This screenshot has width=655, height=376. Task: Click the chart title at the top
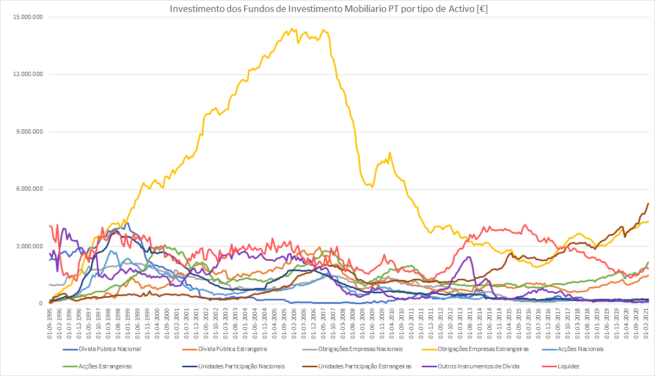click(328, 9)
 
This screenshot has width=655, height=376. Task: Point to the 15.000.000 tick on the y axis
click(29, 17)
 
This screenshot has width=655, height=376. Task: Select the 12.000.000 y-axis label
click(29, 74)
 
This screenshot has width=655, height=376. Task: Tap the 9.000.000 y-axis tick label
click(31, 132)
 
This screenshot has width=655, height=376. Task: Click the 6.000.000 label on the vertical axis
click(31, 189)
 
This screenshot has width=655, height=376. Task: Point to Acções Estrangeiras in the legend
click(105, 366)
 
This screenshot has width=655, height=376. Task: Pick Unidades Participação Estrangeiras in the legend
click(365, 366)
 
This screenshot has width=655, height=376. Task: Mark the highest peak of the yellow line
click(292, 29)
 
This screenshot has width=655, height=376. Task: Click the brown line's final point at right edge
click(648, 203)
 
